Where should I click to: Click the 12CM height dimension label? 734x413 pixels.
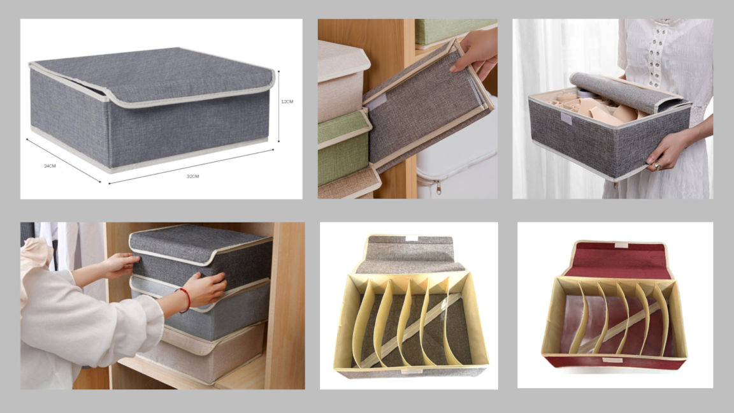click(x=287, y=101)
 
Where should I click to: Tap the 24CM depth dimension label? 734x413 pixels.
click(x=50, y=166)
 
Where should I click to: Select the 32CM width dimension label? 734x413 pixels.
click(x=193, y=177)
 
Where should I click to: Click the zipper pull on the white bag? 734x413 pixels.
click(x=438, y=188)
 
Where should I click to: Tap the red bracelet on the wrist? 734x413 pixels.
click(x=185, y=300)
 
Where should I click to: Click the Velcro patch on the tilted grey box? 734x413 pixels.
click(x=376, y=101)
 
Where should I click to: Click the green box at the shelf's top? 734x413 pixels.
click(x=454, y=32)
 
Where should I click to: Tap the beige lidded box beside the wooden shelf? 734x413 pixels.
click(x=342, y=80)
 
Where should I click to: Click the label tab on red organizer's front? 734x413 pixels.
click(x=612, y=360)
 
